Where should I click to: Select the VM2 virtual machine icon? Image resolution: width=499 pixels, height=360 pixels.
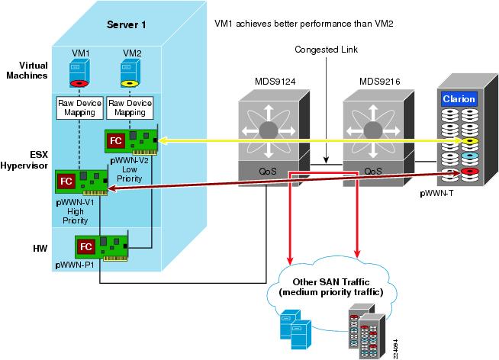click(130, 72)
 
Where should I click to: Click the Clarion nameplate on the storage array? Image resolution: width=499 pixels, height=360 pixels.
click(459, 98)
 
